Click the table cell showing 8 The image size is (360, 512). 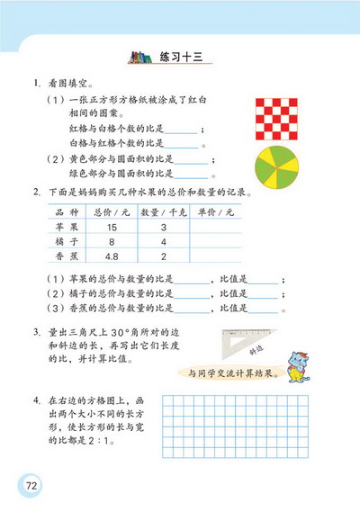(113, 242)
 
